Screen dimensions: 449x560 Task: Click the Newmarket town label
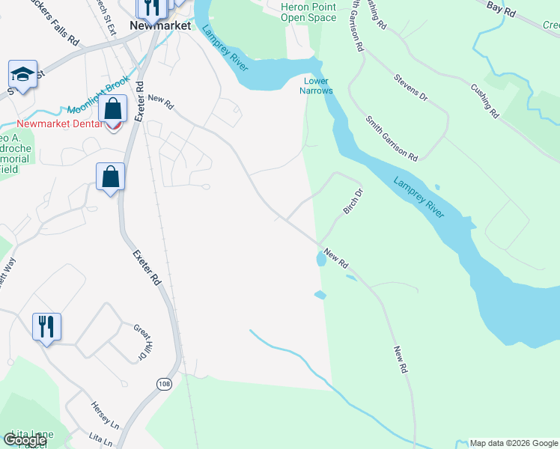pos(156,25)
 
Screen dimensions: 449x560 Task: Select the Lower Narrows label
pos(318,85)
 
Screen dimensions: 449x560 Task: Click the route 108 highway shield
pos(163,383)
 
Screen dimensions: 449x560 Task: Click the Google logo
pos(25,440)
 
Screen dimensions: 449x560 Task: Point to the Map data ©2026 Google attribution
pos(514,443)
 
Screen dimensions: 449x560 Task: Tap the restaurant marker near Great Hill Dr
pos(46,326)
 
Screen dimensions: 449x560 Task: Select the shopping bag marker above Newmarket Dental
pos(112,108)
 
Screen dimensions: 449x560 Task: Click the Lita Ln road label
pos(99,436)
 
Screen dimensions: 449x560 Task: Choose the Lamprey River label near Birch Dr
pos(419,198)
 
